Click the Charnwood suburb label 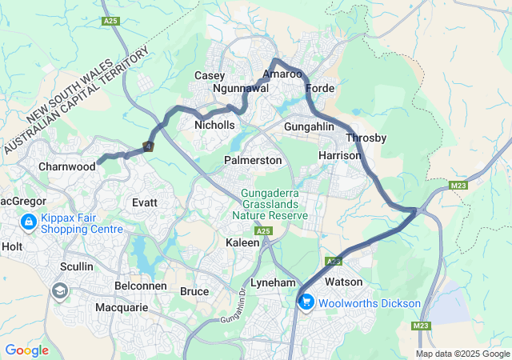tap(67, 167)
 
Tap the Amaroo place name tap(282, 73)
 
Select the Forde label tap(319, 88)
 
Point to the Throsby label tap(366, 138)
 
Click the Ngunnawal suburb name tap(241, 89)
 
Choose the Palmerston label tap(253, 160)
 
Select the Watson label tap(343, 282)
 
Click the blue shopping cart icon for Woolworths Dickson tap(306, 302)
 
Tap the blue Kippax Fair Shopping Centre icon tap(28, 221)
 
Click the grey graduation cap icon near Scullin tap(60, 290)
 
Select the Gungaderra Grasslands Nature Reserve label tap(270, 204)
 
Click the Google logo tap(26, 350)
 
